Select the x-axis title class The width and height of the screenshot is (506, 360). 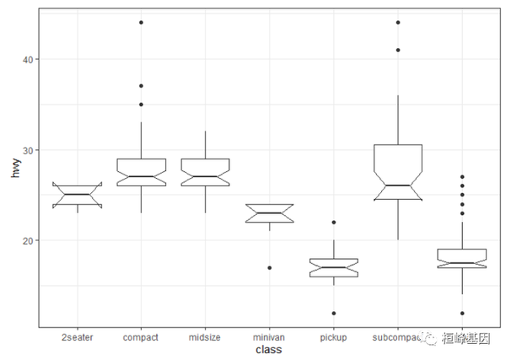tap(269, 350)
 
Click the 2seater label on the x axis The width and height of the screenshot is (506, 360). tap(77, 337)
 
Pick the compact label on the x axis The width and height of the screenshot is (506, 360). tap(141, 337)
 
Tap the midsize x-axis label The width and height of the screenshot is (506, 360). tap(205, 337)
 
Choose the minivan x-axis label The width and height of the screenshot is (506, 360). tap(269, 337)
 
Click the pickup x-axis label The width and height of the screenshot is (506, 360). tap(333, 337)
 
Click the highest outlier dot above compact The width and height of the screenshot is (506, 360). tap(141, 23)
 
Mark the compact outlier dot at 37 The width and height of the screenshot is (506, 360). tap(141, 86)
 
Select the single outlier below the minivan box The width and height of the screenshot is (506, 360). tap(269, 268)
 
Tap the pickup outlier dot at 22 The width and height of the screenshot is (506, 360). tap(333, 223)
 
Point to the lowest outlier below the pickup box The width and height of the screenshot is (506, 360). tap(333, 314)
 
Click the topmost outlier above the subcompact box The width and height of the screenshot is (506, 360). tap(397, 23)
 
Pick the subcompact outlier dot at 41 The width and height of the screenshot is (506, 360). tap(397, 50)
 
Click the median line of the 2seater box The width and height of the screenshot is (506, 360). tap(77, 195)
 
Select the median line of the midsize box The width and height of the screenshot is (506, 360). tap(205, 177)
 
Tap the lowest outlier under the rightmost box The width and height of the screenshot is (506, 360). tap(461, 314)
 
